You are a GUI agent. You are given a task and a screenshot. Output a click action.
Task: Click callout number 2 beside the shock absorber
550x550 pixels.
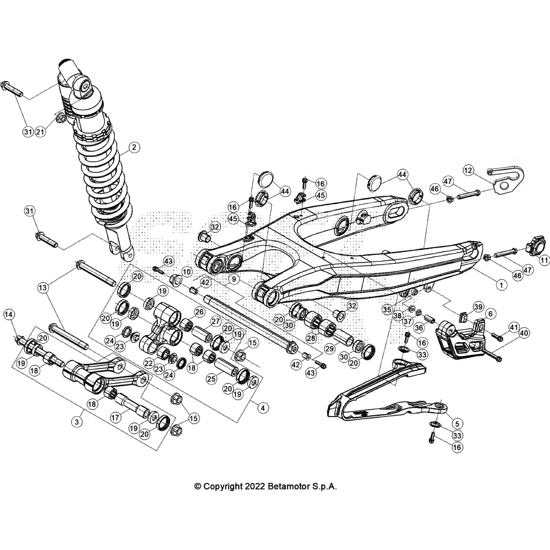pyautogui.click(x=134, y=147)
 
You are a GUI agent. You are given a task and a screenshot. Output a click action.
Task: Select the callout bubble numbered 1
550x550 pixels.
pyautogui.click(x=501, y=285)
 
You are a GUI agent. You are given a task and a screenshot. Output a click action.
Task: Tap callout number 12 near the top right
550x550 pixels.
pyautogui.click(x=468, y=170)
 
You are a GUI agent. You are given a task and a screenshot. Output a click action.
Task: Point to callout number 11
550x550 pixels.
pyautogui.click(x=544, y=261)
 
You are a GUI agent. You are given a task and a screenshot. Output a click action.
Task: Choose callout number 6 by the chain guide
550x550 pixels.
pyautogui.click(x=490, y=313)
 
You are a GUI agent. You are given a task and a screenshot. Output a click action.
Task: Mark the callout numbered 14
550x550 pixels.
pyautogui.click(x=9, y=314)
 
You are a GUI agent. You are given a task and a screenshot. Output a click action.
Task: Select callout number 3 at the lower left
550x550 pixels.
pyautogui.click(x=77, y=422)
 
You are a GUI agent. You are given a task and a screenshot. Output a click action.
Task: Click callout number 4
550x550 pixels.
pyautogui.click(x=263, y=408)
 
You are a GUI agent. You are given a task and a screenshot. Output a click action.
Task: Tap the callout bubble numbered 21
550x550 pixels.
pyautogui.click(x=41, y=132)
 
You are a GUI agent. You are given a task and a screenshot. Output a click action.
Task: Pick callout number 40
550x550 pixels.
pyautogui.click(x=525, y=333)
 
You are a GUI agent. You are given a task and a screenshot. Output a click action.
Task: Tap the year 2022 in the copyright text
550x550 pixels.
pyautogui.click(x=255, y=486)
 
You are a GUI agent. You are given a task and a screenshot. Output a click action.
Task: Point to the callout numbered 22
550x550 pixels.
pyautogui.click(x=148, y=363)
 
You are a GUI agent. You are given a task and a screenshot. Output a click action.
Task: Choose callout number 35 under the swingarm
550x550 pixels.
pyautogui.click(x=387, y=309)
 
